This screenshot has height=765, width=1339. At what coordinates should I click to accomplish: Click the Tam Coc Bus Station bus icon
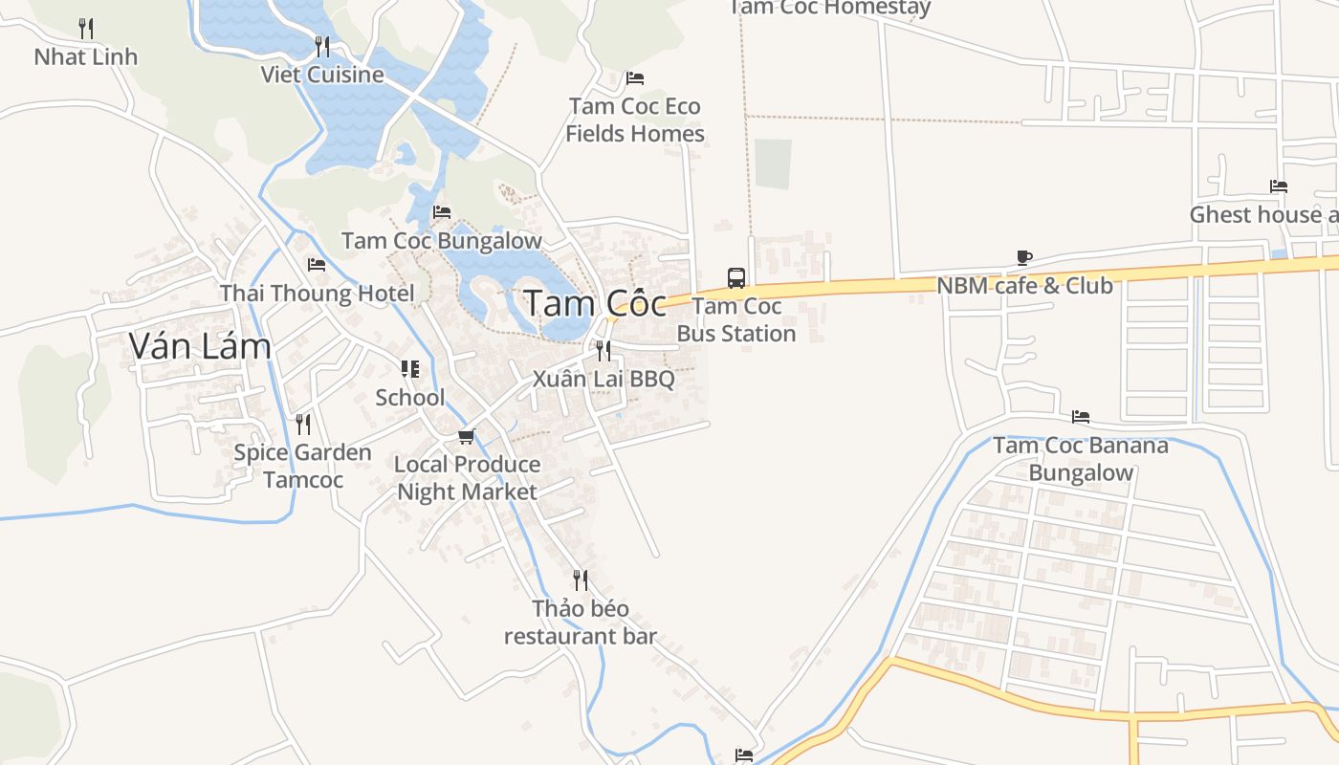click(x=736, y=278)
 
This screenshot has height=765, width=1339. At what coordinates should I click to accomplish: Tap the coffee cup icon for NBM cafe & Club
click(x=1024, y=257)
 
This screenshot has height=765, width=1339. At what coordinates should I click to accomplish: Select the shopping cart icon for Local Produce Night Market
click(x=467, y=436)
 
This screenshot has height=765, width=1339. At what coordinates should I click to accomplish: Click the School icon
click(x=410, y=369)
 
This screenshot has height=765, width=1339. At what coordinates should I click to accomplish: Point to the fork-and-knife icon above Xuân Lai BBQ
click(x=604, y=350)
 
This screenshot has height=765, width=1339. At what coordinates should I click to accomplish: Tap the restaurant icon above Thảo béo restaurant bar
click(x=581, y=579)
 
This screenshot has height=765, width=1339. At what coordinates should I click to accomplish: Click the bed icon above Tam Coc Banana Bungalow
click(x=1081, y=417)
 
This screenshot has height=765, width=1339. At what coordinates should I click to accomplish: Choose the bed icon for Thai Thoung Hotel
click(x=317, y=264)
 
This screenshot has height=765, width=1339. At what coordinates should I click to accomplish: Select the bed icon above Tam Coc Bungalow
click(x=441, y=212)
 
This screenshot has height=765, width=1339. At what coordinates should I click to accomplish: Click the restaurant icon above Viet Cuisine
click(x=322, y=46)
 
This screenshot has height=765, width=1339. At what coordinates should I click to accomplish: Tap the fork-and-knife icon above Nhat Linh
click(x=86, y=28)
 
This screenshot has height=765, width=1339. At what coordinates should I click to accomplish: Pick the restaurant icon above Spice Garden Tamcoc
click(x=303, y=424)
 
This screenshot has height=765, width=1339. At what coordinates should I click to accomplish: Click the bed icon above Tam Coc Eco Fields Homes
click(x=634, y=77)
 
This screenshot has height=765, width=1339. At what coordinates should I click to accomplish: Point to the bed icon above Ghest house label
click(x=1278, y=186)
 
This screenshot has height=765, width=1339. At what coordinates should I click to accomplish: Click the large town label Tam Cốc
click(x=595, y=304)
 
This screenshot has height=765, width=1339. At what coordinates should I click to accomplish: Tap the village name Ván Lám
click(x=200, y=346)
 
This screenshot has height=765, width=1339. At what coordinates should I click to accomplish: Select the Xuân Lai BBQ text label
click(x=604, y=379)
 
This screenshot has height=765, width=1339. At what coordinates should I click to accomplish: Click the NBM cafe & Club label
click(x=1024, y=285)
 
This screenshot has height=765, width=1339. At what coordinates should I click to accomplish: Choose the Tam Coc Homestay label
click(x=830, y=8)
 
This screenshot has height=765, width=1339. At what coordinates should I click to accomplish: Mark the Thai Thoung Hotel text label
click(x=318, y=293)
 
